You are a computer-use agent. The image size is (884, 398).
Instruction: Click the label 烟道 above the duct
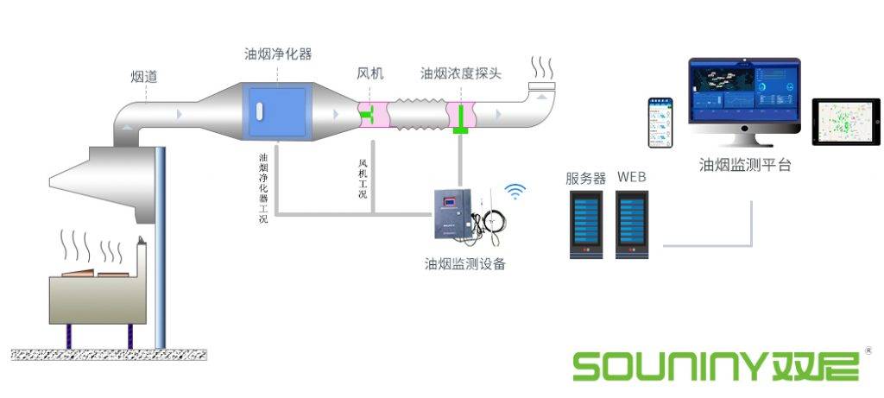(x=144, y=77)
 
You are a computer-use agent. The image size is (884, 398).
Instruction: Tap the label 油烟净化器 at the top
(x=278, y=54)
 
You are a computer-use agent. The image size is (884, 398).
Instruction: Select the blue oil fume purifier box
(x=277, y=111)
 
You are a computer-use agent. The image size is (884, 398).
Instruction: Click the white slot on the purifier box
(x=258, y=111)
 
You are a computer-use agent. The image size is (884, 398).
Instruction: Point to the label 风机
(x=370, y=74)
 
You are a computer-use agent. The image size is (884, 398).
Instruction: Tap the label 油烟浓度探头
(x=461, y=74)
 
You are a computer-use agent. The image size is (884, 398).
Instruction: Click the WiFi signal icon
(x=515, y=191)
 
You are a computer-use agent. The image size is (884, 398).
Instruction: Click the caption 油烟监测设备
(x=464, y=263)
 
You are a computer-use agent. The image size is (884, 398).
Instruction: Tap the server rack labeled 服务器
(x=586, y=224)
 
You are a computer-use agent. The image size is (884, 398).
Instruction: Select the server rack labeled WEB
(x=631, y=224)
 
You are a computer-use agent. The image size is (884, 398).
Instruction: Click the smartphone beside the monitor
(x=660, y=123)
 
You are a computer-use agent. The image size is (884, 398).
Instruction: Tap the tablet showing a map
(x=846, y=122)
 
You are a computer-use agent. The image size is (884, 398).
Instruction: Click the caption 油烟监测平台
(x=745, y=165)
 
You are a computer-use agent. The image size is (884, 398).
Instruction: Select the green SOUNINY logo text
(x=716, y=365)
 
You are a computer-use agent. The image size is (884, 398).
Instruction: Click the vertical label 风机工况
(x=363, y=178)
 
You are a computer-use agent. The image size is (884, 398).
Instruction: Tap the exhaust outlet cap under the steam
(x=541, y=86)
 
